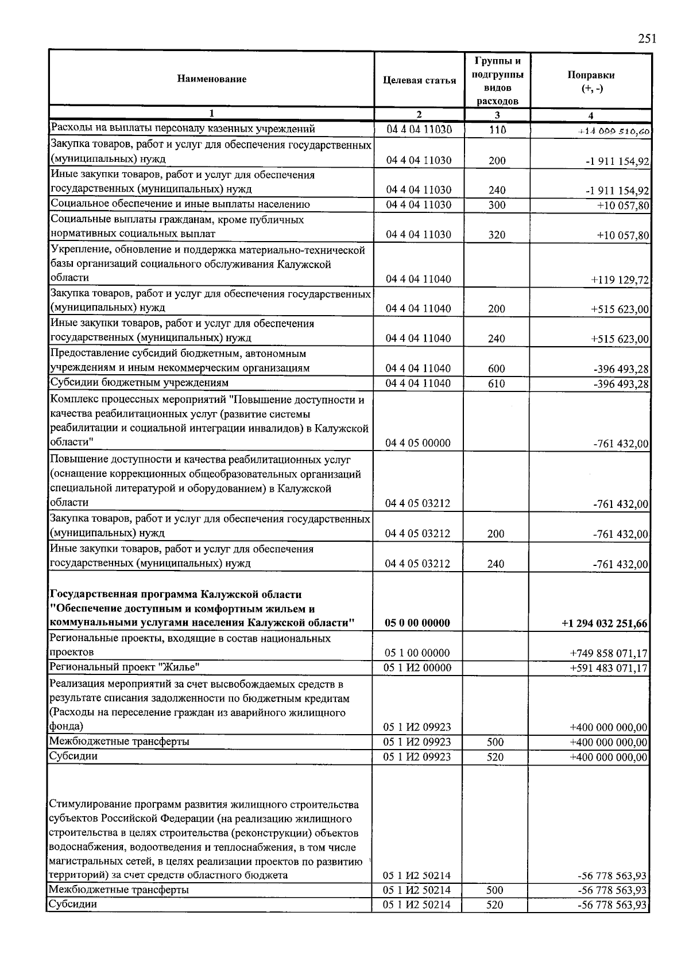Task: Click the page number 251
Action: (647, 39)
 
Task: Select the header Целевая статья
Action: (419, 80)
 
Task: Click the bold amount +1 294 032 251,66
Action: (605, 624)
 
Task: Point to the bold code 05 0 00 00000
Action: (418, 623)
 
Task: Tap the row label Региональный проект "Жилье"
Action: (125, 667)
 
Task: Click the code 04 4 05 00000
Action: (418, 443)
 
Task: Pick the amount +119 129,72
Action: (620, 280)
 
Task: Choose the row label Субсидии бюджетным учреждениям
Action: (140, 383)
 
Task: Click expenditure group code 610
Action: (496, 383)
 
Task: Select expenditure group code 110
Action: (497, 130)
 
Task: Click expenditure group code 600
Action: (496, 368)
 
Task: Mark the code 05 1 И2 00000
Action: (418, 668)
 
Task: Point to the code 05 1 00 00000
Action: (418, 653)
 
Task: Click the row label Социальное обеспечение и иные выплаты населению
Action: (180, 204)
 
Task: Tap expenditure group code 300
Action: (497, 205)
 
